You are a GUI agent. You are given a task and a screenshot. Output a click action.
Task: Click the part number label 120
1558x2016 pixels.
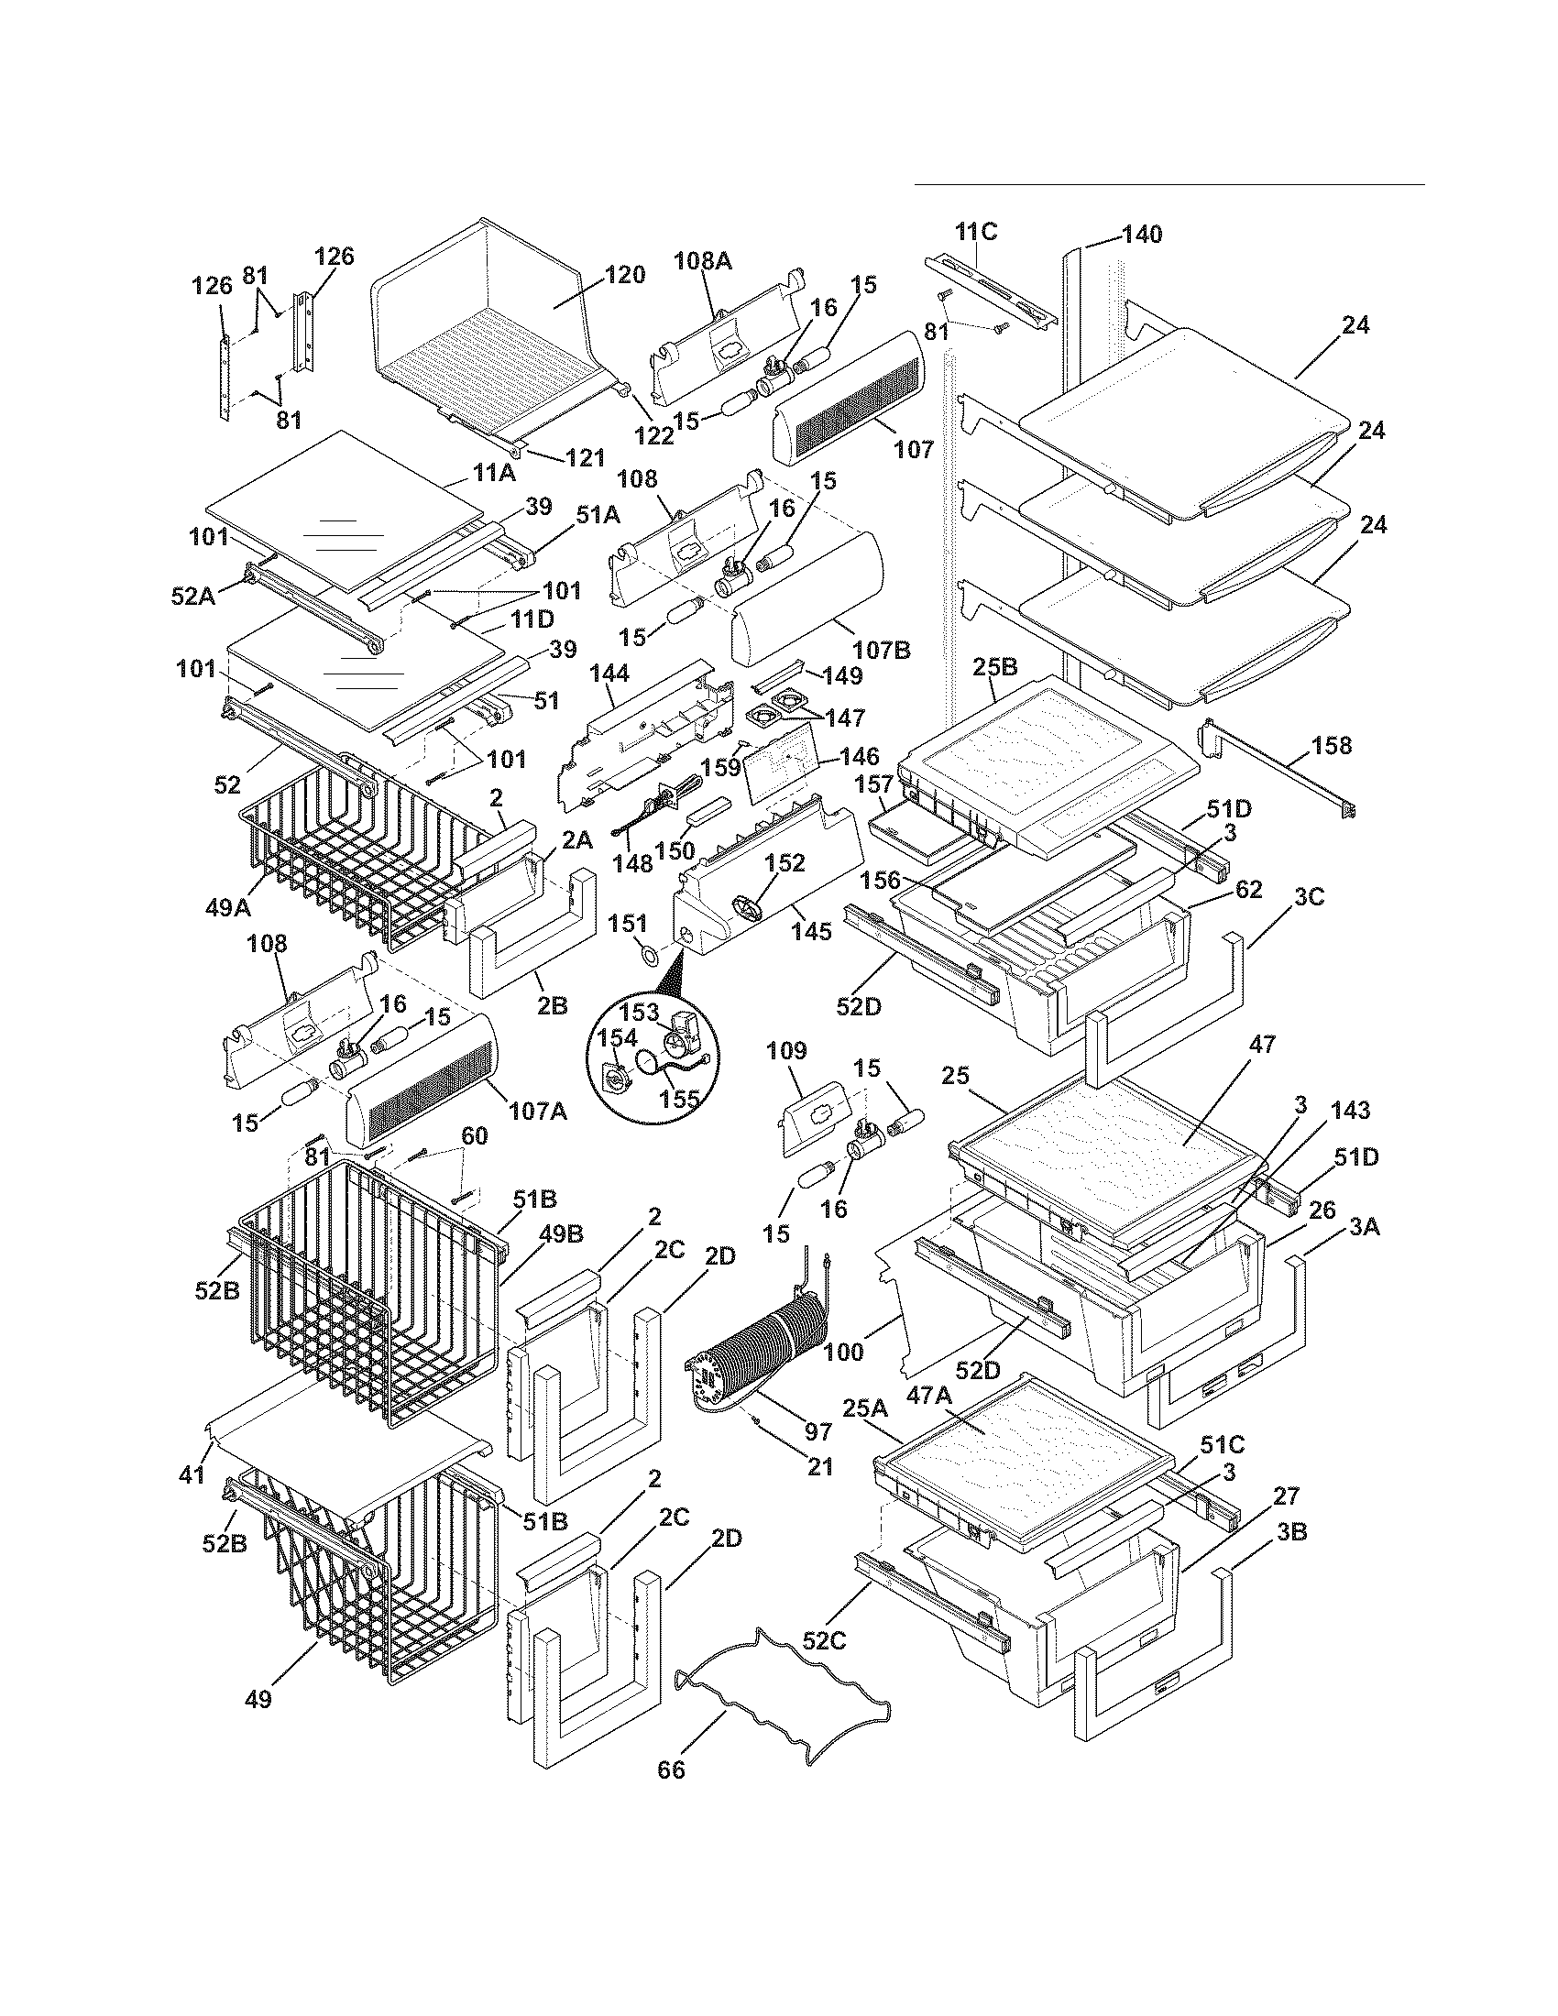coord(624,275)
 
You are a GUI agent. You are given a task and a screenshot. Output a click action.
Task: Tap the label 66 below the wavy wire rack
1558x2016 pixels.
coord(671,1770)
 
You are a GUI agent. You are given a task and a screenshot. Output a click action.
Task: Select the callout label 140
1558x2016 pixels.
coord(1142,235)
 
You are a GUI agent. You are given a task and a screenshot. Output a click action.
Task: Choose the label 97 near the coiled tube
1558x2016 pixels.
coord(817,1431)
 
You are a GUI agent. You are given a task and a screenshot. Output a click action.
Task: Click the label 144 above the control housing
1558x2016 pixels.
coord(609,674)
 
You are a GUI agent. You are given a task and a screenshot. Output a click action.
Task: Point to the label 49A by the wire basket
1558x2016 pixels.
coord(228,907)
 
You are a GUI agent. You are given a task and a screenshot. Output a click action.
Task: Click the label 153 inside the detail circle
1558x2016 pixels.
coord(631,1012)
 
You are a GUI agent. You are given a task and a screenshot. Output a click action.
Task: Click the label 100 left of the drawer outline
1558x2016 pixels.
coord(842,1353)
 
